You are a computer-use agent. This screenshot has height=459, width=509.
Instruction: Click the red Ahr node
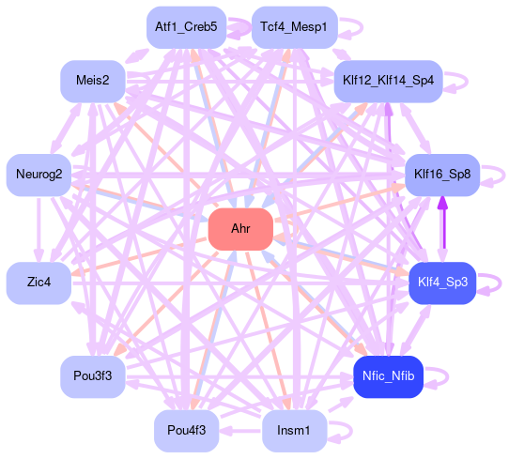click(x=240, y=229)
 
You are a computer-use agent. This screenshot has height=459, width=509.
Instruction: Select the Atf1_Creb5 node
click(x=186, y=27)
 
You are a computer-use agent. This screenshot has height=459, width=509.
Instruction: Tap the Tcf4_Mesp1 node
click(x=295, y=27)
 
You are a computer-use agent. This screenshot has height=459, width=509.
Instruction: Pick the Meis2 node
click(x=93, y=81)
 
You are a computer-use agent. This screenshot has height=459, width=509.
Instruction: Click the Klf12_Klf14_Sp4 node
click(x=388, y=81)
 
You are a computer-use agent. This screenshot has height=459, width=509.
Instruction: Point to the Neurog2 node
click(x=39, y=175)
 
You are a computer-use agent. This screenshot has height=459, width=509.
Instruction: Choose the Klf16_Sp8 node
click(x=442, y=175)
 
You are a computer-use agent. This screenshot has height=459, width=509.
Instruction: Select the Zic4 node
click(x=39, y=283)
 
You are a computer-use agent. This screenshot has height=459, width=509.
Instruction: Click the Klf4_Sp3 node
click(x=442, y=283)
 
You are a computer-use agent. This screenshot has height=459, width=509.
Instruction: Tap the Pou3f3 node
click(x=93, y=376)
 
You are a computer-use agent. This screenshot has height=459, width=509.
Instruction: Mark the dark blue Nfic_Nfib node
click(x=388, y=376)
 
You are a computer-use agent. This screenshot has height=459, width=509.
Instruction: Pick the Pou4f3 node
click(x=186, y=431)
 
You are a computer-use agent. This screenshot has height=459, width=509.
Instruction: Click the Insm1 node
click(x=295, y=431)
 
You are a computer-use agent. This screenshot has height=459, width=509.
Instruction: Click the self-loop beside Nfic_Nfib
click(x=447, y=376)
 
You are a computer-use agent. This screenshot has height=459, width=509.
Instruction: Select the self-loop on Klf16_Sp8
click(x=503, y=176)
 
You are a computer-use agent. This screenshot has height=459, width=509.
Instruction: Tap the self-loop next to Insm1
click(x=351, y=432)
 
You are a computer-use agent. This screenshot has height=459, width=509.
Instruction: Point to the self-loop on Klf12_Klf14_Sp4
click(x=467, y=81)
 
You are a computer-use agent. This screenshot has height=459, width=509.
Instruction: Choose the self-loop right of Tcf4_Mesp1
click(x=362, y=27)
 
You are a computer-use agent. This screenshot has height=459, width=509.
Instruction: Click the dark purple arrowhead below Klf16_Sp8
click(x=442, y=203)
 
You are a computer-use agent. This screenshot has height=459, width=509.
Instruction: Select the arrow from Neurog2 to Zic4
click(x=39, y=229)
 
